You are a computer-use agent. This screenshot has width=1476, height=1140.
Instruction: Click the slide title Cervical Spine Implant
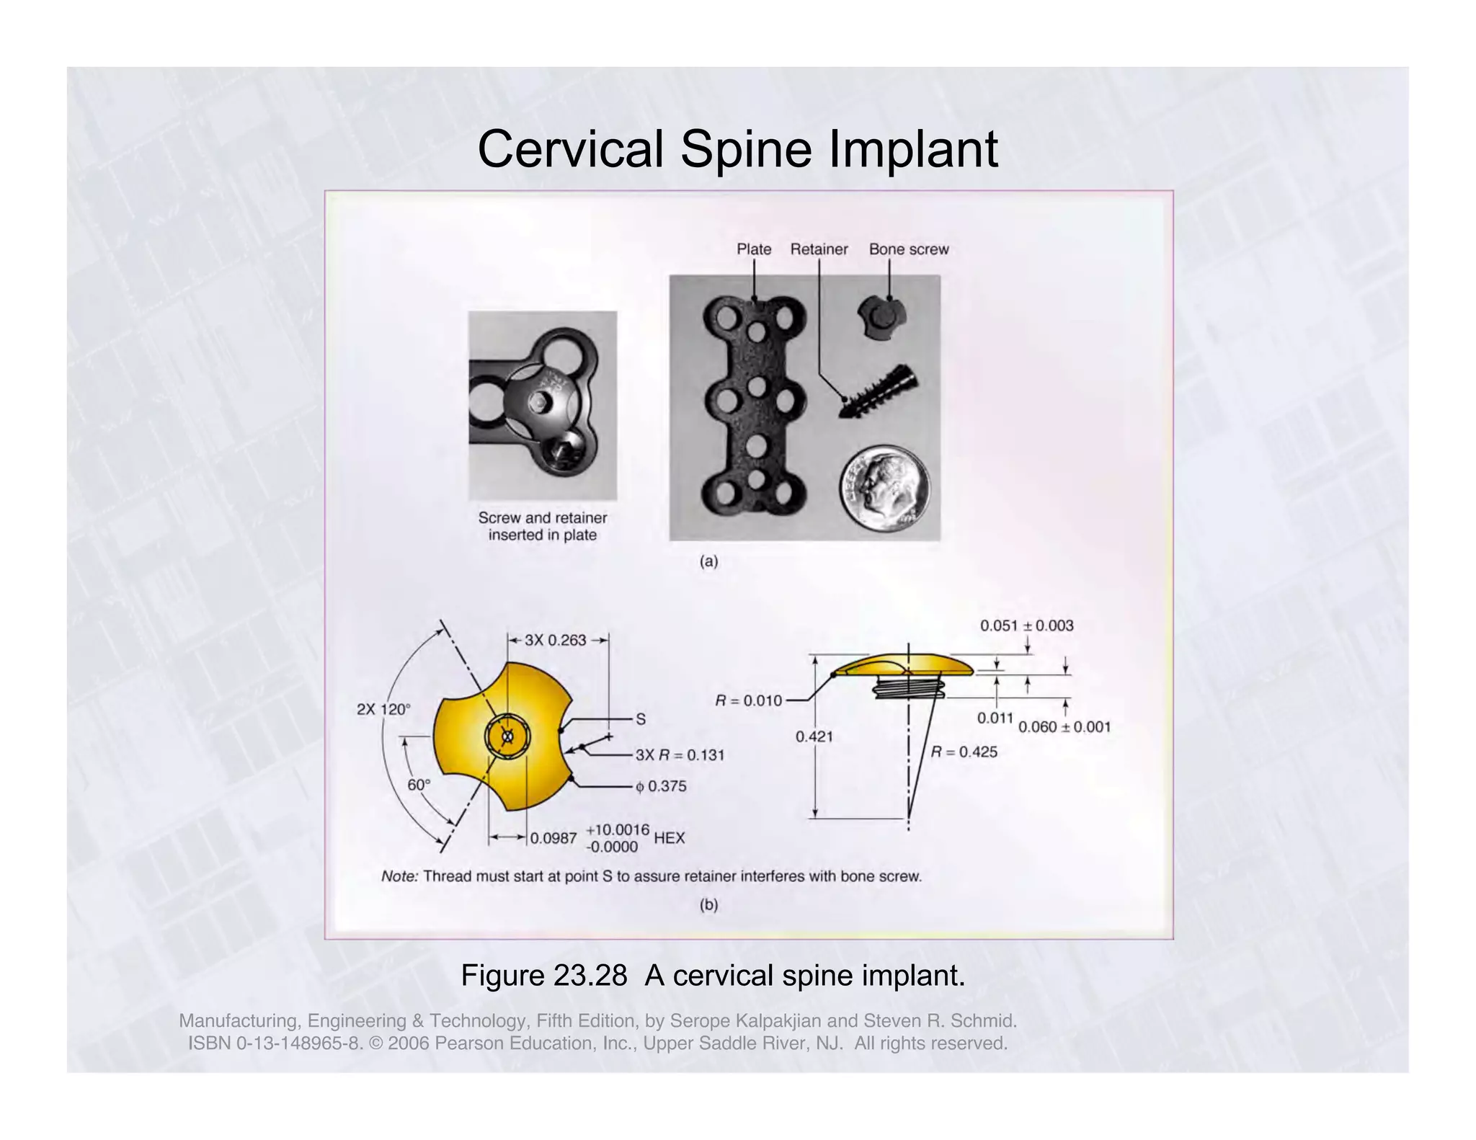click(x=737, y=149)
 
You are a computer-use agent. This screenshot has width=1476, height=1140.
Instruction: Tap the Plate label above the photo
click(x=753, y=249)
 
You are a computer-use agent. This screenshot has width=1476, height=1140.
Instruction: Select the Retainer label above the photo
click(x=819, y=249)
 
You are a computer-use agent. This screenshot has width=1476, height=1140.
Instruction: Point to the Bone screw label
click(x=908, y=249)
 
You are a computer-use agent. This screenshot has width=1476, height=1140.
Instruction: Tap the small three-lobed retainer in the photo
click(x=881, y=316)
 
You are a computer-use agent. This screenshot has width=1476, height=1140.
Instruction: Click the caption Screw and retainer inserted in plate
click(x=542, y=526)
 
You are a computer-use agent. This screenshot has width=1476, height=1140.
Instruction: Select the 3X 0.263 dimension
click(x=555, y=640)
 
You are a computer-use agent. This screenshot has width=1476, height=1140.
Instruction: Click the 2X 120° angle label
click(x=383, y=709)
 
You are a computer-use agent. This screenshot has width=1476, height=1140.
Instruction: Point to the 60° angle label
click(x=419, y=785)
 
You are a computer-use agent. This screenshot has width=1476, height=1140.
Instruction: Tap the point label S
click(x=640, y=718)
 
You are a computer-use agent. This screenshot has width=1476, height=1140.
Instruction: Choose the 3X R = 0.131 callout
click(x=679, y=754)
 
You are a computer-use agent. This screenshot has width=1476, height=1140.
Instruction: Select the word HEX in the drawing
click(x=669, y=838)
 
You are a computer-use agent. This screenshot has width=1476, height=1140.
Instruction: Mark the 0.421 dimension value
click(x=814, y=736)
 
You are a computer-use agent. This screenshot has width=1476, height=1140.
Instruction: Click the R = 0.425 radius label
click(x=964, y=752)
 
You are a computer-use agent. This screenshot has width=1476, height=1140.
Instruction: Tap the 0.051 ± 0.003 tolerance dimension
click(x=1026, y=625)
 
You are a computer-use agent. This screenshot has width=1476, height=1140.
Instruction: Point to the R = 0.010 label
click(x=748, y=700)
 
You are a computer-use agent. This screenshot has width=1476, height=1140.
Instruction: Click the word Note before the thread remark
click(x=399, y=876)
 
